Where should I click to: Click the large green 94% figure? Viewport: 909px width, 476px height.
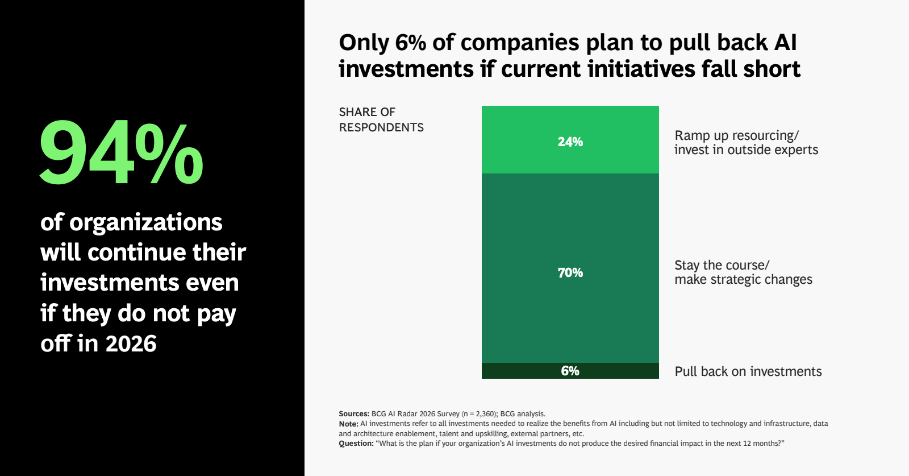click(x=120, y=154)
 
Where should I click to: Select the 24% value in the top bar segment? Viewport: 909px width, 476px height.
click(x=570, y=142)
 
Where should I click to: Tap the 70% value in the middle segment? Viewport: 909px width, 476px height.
click(x=570, y=273)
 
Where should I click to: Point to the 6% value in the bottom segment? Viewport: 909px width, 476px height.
click(x=570, y=371)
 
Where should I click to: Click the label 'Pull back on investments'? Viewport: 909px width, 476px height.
click(x=748, y=372)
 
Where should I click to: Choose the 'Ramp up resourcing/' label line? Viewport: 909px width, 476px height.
click(x=736, y=135)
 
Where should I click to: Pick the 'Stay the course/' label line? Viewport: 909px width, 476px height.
click(x=722, y=265)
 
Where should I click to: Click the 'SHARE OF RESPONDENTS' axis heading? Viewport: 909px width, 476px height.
click(x=381, y=119)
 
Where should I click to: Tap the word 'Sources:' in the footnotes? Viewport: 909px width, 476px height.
click(x=354, y=414)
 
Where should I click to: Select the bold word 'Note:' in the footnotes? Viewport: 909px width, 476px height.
click(x=348, y=424)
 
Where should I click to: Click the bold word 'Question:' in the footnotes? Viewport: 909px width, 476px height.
click(x=356, y=444)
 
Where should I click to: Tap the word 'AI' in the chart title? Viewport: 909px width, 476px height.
click(x=785, y=43)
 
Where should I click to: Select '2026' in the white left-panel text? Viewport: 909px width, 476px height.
click(x=131, y=344)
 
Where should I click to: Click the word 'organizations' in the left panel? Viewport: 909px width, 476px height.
click(x=145, y=222)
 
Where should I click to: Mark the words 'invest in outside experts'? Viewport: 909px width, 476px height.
click(x=746, y=150)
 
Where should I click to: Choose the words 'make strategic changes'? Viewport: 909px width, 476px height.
click(x=743, y=280)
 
